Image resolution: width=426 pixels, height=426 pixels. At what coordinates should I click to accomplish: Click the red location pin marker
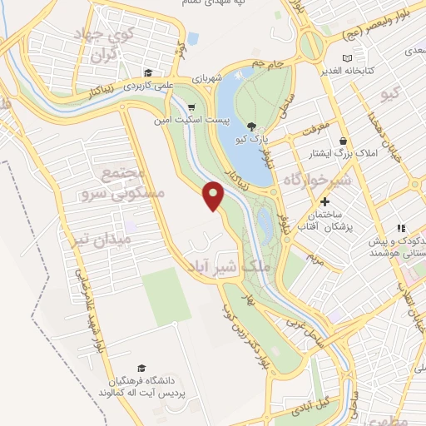pos(214,196)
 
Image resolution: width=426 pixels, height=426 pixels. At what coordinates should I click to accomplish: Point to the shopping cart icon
pos(193,106)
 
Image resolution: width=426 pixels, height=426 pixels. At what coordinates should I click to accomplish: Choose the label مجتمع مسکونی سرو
pos(132,182)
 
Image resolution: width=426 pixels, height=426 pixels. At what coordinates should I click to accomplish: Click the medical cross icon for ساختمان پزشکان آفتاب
pos(325,201)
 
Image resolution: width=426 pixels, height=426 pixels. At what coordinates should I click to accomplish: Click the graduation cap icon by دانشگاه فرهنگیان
pos(141,367)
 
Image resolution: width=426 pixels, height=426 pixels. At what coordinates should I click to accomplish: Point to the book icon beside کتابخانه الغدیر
pos(347,58)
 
